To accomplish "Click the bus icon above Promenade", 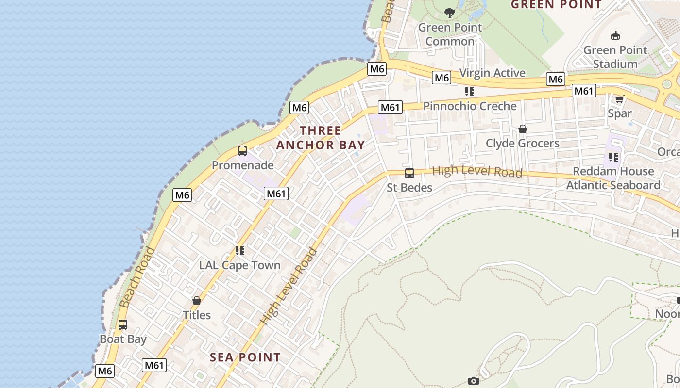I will coord(242,151).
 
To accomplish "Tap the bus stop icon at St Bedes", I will coord(409,173).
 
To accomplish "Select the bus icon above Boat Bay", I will coord(123,325).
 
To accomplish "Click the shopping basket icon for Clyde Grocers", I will coord(523,129).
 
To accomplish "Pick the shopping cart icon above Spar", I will coord(619,99).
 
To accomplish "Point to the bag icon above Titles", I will coord(197,301).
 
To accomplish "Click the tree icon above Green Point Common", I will coord(450,13).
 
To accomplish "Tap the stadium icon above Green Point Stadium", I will coord(615,35).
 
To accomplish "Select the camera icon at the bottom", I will coord(474,381).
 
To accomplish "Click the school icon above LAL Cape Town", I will coord(240,251).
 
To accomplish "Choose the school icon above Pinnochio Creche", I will coord(469,91).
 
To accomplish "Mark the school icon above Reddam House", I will coord(613,157).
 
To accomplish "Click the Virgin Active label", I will coord(492,73).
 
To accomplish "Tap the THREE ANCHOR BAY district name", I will coord(321,138).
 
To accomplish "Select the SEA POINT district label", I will coord(245,357).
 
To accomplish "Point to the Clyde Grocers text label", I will coord(523,144).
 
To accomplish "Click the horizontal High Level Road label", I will coord(477,171).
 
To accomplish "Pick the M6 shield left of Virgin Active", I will coord(442,78).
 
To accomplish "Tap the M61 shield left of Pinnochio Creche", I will coord(391,107).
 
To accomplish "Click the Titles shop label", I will coord(197,315).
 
